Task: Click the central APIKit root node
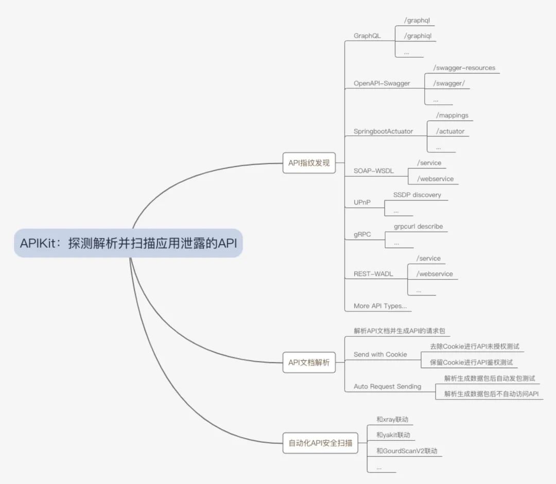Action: pyautogui.click(x=128, y=243)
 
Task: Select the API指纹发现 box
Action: pyautogui.click(x=309, y=163)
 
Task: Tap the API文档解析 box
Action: pyautogui.click(x=309, y=362)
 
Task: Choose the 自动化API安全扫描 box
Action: pyautogui.click(x=320, y=442)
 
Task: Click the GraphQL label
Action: pyautogui.click(x=367, y=36)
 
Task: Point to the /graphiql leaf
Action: pyautogui.click(x=419, y=36)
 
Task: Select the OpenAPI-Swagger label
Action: pyautogui.click(x=382, y=83)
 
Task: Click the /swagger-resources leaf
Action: pyautogui.click(x=464, y=68)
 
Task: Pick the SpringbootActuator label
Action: pyautogui.click(x=383, y=131)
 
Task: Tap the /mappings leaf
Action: pyautogui.click(x=452, y=115)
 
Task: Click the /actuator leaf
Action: pyautogui.click(x=450, y=131)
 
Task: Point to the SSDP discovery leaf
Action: pyautogui.click(x=417, y=195)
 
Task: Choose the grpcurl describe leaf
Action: pyautogui.click(x=418, y=227)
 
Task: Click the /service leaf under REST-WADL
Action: pyautogui.click(x=428, y=258)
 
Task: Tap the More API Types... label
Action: pyautogui.click(x=380, y=306)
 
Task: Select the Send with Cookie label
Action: pyautogui.click(x=380, y=354)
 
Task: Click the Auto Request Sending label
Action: pyautogui.click(x=387, y=386)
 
